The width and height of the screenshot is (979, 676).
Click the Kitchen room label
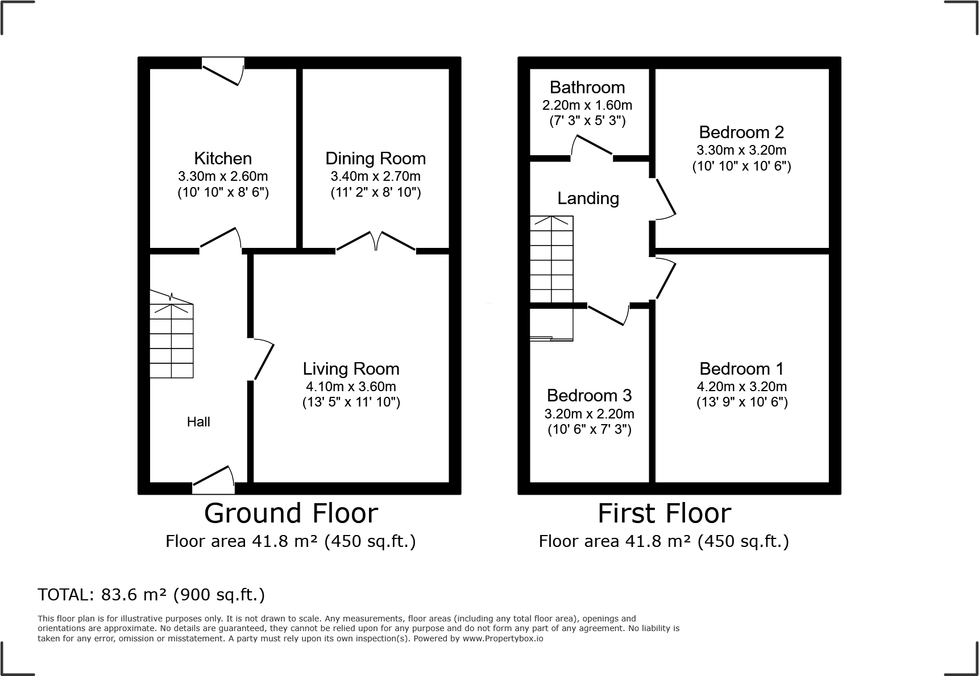[223, 158]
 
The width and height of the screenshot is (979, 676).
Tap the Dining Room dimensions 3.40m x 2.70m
[375, 176]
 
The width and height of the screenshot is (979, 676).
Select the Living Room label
[351, 368]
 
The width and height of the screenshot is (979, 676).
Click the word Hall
[198, 422]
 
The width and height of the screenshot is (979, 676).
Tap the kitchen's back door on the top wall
[223, 72]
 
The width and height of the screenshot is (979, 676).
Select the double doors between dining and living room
[376, 241]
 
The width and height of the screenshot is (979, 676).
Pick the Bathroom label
[587, 87]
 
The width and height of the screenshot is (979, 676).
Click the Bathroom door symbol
[591, 146]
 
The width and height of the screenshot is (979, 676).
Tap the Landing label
[588, 198]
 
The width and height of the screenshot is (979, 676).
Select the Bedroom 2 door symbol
[665, 200]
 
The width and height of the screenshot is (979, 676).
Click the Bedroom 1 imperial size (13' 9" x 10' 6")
[742, 403]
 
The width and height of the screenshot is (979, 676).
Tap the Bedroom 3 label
[589, 395]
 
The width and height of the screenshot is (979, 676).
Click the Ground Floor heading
[291, 513]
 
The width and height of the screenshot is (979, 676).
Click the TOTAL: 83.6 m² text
[151, 595]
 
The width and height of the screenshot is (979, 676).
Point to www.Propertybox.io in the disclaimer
[503, 638]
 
